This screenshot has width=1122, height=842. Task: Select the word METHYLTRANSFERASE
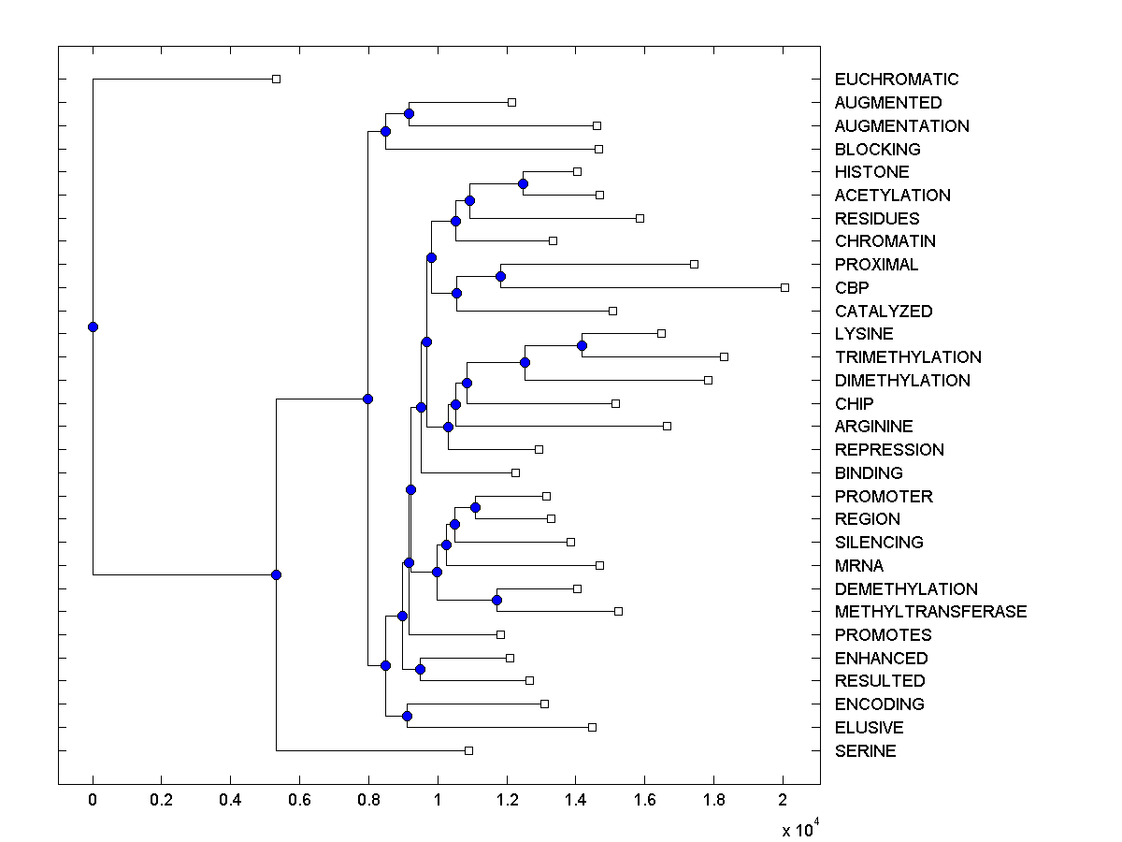(930, 612)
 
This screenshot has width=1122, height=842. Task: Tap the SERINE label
(865, 751)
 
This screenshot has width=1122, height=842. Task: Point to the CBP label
(852, 288)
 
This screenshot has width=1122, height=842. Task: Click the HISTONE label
(871, 172)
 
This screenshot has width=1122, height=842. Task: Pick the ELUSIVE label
(869, 728)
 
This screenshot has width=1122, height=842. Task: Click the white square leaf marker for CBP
(784, 287)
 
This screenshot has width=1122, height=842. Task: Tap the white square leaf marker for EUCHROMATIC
(276, 79)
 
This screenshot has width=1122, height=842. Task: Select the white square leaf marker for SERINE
(468, 750)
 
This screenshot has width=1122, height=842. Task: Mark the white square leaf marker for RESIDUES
(640, 218)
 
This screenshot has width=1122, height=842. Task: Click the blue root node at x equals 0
(93, 327)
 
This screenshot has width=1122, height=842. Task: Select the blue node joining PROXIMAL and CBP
(500, 276)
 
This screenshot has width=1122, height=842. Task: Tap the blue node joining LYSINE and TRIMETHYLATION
(582, 345)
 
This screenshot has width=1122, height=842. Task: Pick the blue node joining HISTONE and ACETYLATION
(523, 183)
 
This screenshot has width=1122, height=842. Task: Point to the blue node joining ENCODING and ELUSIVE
(407, 716)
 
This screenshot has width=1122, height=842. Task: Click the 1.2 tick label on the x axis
(506, 801)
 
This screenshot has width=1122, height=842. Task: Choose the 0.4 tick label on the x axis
(230, 801)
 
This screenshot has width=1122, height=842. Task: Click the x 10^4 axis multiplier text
(799, 828)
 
